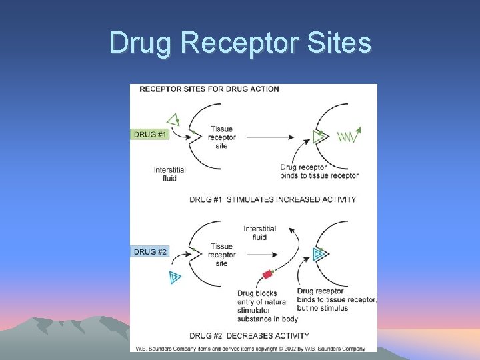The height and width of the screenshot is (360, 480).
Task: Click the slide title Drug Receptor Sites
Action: [240, 43]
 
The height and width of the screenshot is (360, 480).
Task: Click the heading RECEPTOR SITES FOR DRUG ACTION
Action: [209, 89]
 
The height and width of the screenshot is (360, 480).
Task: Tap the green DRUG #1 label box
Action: [151, 135]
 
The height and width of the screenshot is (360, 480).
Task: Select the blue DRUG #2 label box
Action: [151, 252]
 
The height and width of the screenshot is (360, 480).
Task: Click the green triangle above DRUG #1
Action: [173, 120]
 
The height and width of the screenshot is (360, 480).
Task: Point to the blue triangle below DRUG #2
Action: [175, 277]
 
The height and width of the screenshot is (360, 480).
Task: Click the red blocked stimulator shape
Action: [269, 273]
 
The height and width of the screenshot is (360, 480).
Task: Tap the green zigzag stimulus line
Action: [348, 136]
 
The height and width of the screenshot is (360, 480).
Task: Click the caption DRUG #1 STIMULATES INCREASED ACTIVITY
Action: [273, 199]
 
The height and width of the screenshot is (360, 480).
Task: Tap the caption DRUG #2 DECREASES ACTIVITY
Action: [249, 335]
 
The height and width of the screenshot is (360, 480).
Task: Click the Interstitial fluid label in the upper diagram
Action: [169, 174]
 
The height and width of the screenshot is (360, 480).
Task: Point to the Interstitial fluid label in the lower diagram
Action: [259, 233]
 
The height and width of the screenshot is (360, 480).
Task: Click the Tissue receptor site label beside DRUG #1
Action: [221, 137]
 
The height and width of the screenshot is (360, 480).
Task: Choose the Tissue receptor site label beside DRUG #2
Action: [221, 255]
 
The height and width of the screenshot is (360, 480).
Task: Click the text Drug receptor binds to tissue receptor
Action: [319, 171]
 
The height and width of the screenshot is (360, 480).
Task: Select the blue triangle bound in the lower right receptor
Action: [319, 253]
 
